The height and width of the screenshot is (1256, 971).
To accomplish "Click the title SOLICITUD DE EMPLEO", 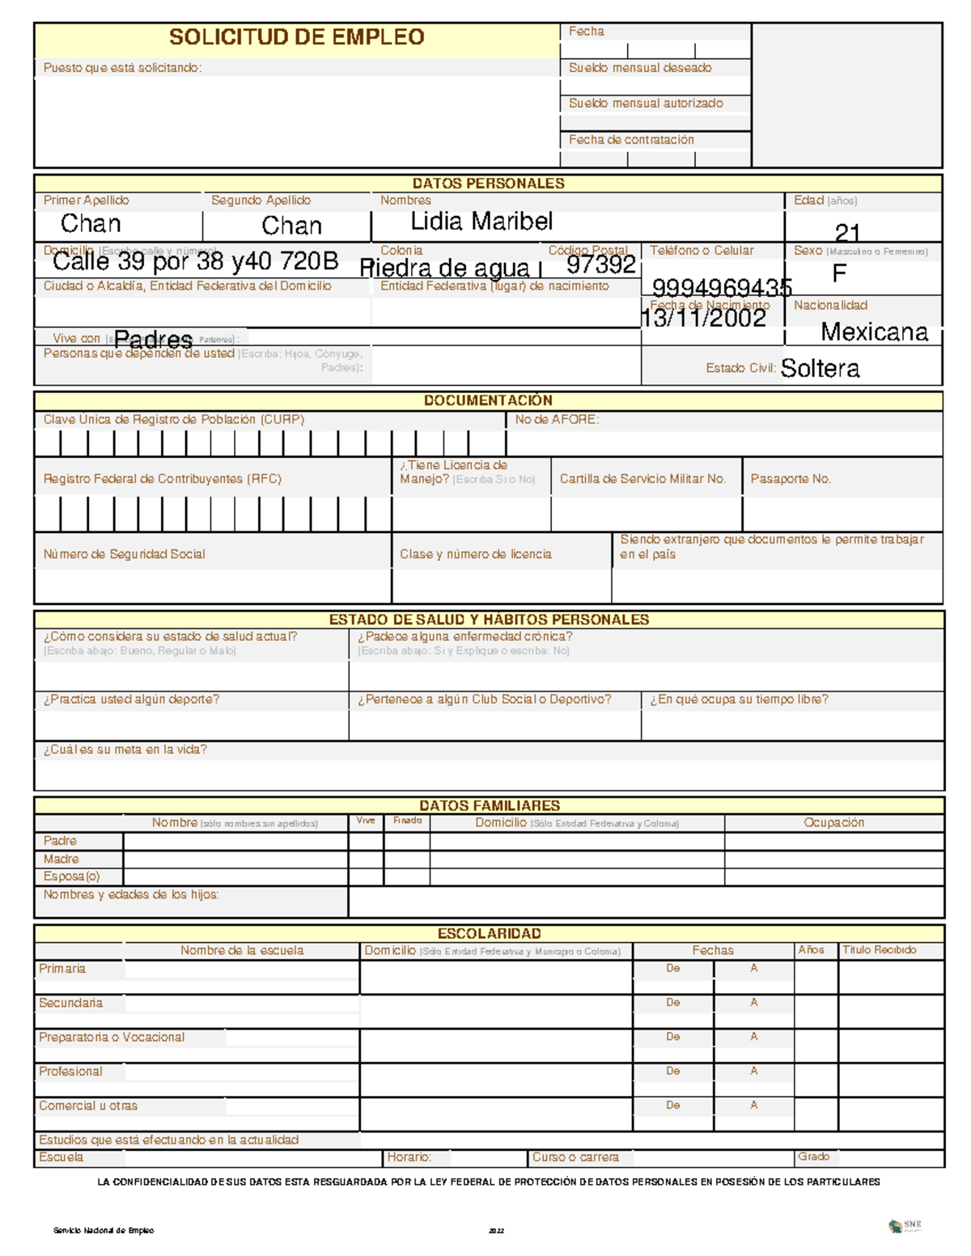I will pyautogui.click(x=296, y=37).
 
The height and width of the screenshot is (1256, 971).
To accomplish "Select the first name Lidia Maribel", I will pyautogui.click(x=481, y=222).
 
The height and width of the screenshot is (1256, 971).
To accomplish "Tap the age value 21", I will pyautogui.click(x=847, y=233).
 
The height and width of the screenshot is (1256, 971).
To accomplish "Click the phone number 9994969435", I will pyautogui.click(x=722, y=288).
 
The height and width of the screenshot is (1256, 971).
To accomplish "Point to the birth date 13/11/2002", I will pyautogui.click(x=704, y=319).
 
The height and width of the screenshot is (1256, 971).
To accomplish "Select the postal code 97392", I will pyautogui.click(x=600, y=264).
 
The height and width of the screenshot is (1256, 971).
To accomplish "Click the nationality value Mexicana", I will pyautogui.click(x=874, y=332).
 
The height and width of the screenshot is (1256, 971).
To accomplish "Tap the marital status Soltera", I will pyautogui.click(x=820, y=369).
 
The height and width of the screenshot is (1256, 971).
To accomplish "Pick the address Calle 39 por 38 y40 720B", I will pyautogui.click(x=195, y=262).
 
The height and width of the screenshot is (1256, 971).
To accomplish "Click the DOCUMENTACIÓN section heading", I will pyautogui.click(x=488, y=400).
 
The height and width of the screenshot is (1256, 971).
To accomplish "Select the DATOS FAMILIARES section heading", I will pyautogui.click(x=489, y=806).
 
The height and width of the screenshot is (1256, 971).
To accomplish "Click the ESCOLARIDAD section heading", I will pyautogui.click(x=489, y=933).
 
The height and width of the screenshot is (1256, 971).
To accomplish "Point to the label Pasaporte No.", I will pyautogui.click(x=791, y=479).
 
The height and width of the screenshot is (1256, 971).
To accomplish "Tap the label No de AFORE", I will pyautogui.click(x=557, y=420).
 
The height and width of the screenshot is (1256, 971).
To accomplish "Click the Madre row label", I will pyautogui.click(x=61, y=859).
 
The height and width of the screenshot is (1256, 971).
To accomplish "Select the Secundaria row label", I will pyautogui.click(x=71, y=1003).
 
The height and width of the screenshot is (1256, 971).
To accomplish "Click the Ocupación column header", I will pyautogui.click(x=833, y=823).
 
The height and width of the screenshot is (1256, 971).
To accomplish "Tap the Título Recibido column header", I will pyautogui.click(x=879, y=950).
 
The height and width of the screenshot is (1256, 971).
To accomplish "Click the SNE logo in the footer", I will pyautogui.click(x=905, y=1226).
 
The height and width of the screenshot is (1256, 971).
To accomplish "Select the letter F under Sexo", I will pyautogui.click(x=839, y=273).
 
